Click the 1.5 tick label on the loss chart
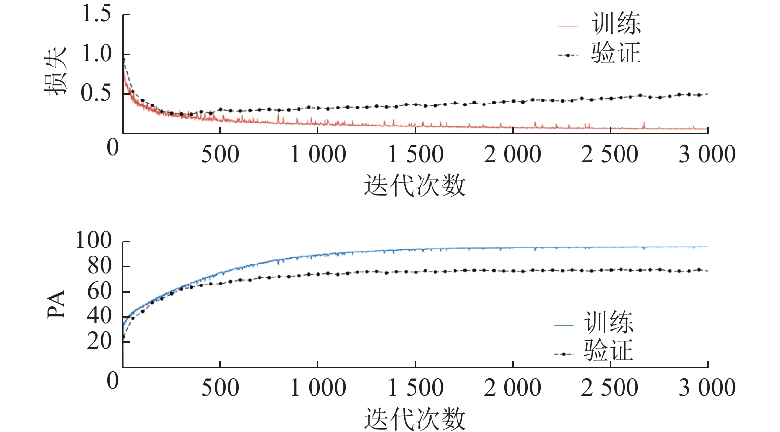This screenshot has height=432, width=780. (x=97, y=14)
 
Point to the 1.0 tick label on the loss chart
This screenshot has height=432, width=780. (x=97, y=54)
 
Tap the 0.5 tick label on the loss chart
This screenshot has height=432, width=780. (x=97, y=93)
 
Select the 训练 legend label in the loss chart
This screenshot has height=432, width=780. (x=616, y=24)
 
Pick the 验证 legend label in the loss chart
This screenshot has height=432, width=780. (x=616, y=53)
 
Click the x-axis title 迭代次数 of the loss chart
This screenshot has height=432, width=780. (x=415, y=185)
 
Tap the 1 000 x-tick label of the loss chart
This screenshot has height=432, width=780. (x=318, y=154)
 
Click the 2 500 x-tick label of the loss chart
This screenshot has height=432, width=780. (x=610, y=154)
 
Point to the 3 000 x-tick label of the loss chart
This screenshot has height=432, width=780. (x=707, y=154)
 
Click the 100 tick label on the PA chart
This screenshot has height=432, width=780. (x=94, y=241)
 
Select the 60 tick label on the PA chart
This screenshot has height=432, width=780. (x=100, y=291)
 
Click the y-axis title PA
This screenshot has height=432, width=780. (x=56, y=304)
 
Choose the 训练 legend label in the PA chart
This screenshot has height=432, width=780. (x=609, y=323)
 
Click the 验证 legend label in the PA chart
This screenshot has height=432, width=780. (x=609, y=351)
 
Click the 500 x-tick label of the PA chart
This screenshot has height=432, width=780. (x=220, y=388)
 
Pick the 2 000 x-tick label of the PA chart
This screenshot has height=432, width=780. (x=513, y=388)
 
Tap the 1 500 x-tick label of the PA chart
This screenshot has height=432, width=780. (x=415, y=388)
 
